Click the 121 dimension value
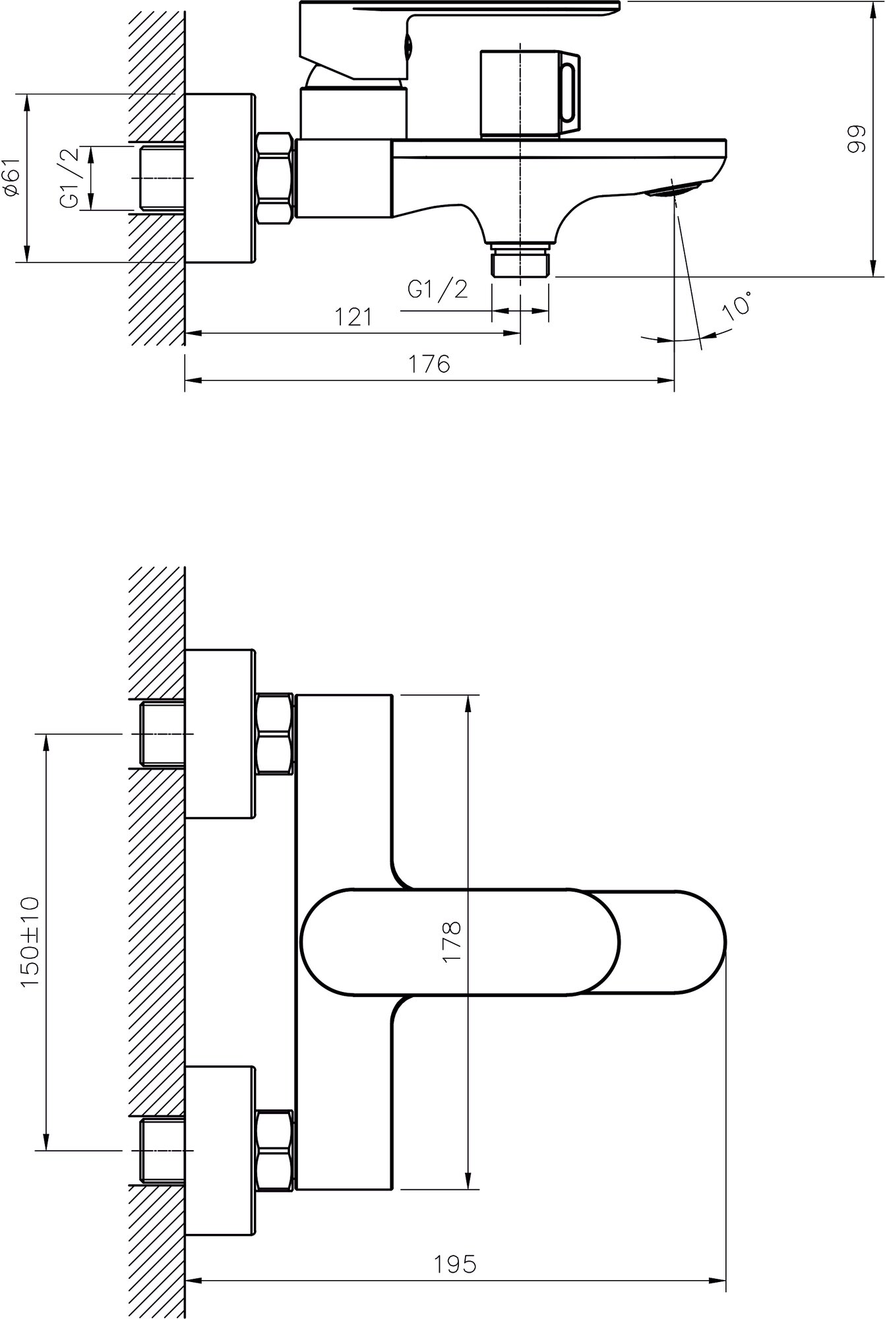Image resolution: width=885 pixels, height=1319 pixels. tap(354, 317)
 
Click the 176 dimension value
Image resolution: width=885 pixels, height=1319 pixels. tap(431, 364)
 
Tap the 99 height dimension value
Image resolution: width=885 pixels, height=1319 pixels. tap(854, 140)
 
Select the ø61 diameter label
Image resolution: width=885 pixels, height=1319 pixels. tap(13, 178)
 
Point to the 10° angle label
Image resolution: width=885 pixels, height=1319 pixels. tap(737, 306)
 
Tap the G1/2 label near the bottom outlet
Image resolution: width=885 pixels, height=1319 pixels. tap(437, 289)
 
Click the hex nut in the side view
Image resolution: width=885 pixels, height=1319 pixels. tap(274, 179)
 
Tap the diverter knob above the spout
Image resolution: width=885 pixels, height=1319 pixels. tap(528, 94)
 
